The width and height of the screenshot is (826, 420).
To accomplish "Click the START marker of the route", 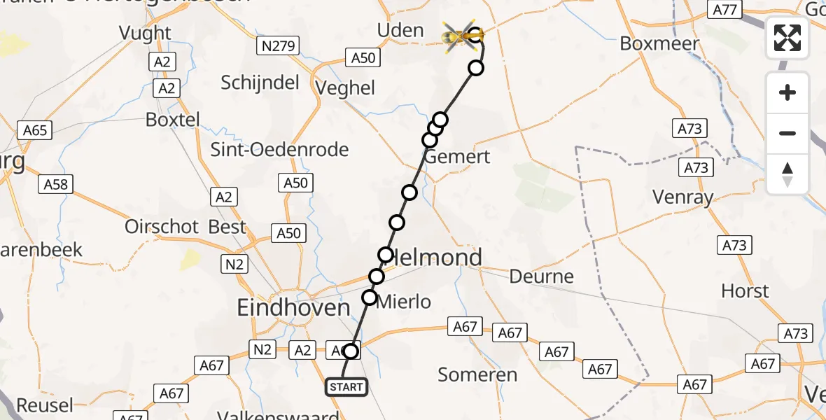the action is click(x=346, y=386).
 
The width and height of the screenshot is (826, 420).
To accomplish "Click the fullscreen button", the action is click(x=787, y=38).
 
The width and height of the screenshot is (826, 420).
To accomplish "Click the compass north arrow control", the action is click(x=787, y=174).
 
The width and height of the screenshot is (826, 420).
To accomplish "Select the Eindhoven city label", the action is click(x=293, y=307).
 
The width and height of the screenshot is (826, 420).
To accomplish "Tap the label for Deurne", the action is click(x=542, y=276).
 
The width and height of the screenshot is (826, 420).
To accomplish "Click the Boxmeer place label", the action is click(x=659, y=43).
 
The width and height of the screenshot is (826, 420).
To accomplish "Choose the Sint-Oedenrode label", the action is click(x=279, y=150).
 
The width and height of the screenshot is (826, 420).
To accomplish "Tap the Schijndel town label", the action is click(x=260, y=82).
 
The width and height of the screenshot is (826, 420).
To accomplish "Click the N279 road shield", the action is click(x=278, y=47).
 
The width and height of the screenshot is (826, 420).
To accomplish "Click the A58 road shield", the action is click(x=55, y=184).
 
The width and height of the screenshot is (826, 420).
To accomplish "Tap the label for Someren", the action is click(x=477, y=374).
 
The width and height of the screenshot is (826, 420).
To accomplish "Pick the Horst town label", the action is click(x=744, y=290).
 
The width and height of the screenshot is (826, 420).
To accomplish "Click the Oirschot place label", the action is click(x=162, y=227).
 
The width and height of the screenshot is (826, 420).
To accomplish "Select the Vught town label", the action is click(x=145, y=33).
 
